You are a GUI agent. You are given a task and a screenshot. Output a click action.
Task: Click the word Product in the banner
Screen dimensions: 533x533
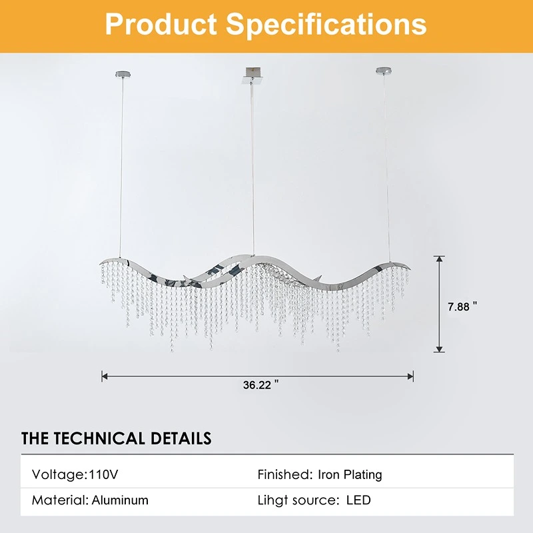[161, 24]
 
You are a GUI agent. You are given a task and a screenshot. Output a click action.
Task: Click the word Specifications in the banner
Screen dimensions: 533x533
[326, 25]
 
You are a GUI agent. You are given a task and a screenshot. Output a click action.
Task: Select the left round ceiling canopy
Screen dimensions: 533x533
[123, 74]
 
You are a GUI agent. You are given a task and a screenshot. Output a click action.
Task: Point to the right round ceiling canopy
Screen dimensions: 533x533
[384, 71]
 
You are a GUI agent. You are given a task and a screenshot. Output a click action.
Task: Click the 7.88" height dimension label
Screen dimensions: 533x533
[462, 306]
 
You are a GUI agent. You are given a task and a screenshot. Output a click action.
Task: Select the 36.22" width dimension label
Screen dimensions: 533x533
[261, 385]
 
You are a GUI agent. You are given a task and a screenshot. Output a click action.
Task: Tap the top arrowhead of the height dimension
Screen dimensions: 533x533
[440, 259]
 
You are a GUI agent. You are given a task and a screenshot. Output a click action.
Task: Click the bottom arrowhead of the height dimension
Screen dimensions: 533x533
[440, 349]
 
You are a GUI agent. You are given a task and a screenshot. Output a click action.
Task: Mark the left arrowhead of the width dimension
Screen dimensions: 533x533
[105, 376]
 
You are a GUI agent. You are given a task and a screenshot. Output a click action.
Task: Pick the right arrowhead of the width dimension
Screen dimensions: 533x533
[410, 376]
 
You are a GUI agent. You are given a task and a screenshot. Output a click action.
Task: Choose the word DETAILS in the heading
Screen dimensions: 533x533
[181, 438]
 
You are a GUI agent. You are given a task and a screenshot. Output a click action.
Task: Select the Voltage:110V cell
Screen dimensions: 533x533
[75, 474]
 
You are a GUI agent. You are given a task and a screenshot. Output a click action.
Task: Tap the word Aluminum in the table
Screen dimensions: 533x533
[120, 500]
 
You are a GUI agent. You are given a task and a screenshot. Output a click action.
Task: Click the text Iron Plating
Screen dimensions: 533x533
[350, 475]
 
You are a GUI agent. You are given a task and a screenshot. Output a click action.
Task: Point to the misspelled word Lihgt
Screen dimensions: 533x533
[272, 501]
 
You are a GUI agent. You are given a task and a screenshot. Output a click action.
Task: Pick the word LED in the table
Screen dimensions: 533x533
[358, 500]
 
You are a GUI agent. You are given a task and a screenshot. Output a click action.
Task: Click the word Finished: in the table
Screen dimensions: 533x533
[285, 474]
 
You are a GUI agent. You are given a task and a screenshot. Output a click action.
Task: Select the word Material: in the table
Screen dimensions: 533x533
[60, 500]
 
